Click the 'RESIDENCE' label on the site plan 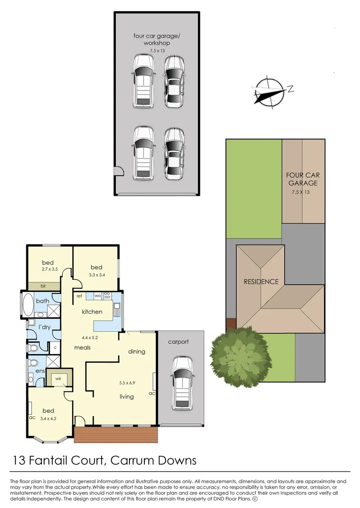tap(261, 282)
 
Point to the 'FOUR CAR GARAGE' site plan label tap(303, 179)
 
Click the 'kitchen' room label tap(92, 312)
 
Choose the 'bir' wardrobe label tap(43, 286)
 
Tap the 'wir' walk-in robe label tap(60, 378)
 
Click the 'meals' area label tap(82, 348)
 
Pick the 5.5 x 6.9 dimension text tap(126, 383)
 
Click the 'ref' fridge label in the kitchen tap(80, 296)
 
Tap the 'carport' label tap(178, 342)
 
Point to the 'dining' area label tap(136, 351)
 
